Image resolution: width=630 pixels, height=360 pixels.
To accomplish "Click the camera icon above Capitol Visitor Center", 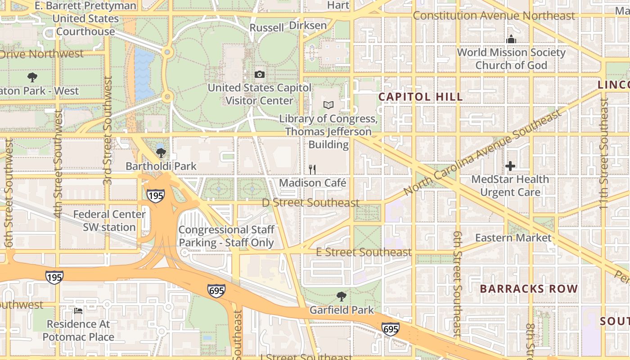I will [x=260, y=75].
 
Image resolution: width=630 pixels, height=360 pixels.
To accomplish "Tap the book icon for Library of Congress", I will [x=328, y=105].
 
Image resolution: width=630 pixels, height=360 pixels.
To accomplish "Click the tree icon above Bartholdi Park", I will [x=161, y=153].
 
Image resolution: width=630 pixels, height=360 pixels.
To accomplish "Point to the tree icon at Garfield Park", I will [x=342, y=297].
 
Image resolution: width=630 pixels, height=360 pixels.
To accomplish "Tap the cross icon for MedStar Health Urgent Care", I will [x=510, y=166].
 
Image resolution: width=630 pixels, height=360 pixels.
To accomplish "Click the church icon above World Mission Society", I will [x=511, y=40].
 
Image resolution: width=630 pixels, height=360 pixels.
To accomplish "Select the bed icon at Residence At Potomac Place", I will [x=78, y=311].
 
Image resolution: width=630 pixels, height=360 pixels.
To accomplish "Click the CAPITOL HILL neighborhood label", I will [x=420, y=97].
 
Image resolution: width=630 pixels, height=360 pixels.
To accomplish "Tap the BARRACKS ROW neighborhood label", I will [x=528, y=289].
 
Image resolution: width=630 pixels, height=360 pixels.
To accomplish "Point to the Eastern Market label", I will [x=513, y=238].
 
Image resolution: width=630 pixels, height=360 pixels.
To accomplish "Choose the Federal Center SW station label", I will [x=109, y=220].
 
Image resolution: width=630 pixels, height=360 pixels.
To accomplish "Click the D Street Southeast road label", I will [x=311, y=202].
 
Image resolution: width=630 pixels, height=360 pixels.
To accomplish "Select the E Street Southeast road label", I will [x=364, y=252].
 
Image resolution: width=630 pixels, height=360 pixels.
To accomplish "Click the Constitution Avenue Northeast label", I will [x=494, y=16].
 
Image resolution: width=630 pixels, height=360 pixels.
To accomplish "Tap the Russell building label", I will [x=267, y=28].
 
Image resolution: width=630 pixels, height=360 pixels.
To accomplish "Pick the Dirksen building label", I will [x=308, y=25].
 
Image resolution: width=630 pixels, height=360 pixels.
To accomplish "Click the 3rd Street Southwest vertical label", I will [x=108, y=130].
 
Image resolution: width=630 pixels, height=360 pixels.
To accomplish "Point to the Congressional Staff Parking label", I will [x=226, y=236].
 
